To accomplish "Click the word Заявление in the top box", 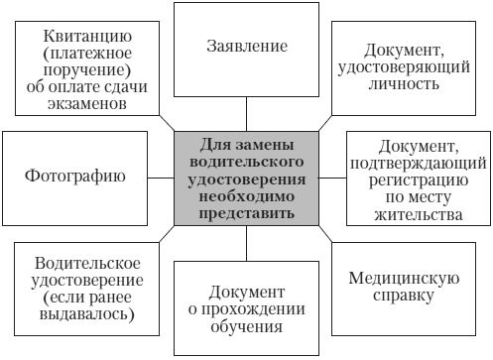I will coord(248,47).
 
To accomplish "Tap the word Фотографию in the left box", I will coord(74,178).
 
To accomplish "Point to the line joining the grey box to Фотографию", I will coord(160,178).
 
